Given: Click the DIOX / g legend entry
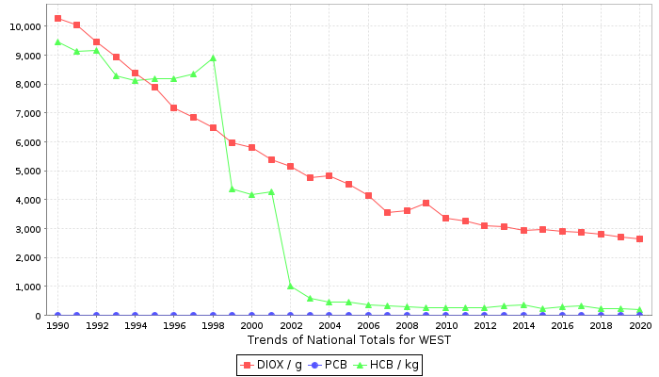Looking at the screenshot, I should click(x=272, y=364).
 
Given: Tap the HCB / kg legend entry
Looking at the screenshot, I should click(x=388, y=364).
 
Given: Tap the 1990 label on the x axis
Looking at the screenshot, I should click(x=57, y=325).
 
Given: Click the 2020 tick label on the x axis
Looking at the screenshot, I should click(x=640, y=325).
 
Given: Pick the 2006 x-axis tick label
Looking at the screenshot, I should click(x=368, y=325).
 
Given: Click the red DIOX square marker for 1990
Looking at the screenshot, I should click(x=57, y=18).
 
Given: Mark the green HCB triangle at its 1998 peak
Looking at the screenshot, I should click(x=213, y=57).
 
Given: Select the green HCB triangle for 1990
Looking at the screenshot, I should click(x=57, y=41).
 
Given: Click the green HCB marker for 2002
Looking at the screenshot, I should click(x=290, y=286).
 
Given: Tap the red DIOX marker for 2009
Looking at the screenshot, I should click(x=426, y=203).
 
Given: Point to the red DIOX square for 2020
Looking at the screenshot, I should click(x=640, y=238).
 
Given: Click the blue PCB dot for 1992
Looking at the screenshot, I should click(x=96, y=315).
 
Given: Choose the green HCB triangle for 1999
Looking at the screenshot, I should click(x=232, y=188).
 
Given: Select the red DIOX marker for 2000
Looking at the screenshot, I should click(x=251, y=147).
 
